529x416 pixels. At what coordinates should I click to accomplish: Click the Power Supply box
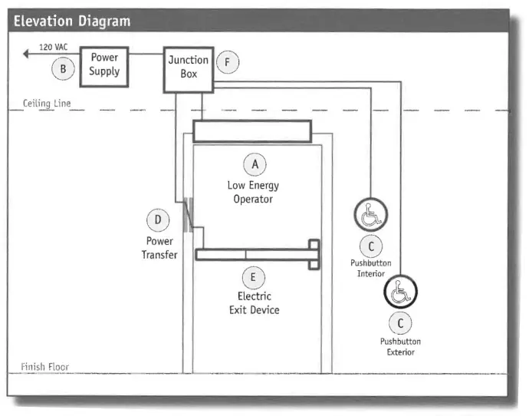pos(104,65)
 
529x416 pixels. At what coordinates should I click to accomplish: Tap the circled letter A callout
pos(255,163)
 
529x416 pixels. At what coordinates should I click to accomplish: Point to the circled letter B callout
pos(63,69)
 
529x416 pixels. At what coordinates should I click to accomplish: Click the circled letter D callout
pos(158,221)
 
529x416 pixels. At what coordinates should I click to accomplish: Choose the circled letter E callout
pos(255,276)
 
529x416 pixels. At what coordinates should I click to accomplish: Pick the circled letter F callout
pos(225,61)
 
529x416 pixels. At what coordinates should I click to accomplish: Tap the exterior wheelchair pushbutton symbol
pos(400,292)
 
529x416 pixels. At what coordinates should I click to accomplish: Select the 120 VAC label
pos(53,48)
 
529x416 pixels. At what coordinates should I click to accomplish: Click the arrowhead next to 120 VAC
pos(26,54)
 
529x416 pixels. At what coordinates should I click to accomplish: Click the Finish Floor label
pos(45,366)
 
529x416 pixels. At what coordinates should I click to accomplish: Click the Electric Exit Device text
pos(254,303)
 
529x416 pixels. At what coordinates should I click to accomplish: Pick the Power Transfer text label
pos(159,248)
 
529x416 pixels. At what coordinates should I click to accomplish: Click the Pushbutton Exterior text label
pos(400,347)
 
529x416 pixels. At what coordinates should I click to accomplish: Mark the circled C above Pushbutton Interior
pos(370,246)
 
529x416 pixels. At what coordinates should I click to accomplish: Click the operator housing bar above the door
pos(251,131)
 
